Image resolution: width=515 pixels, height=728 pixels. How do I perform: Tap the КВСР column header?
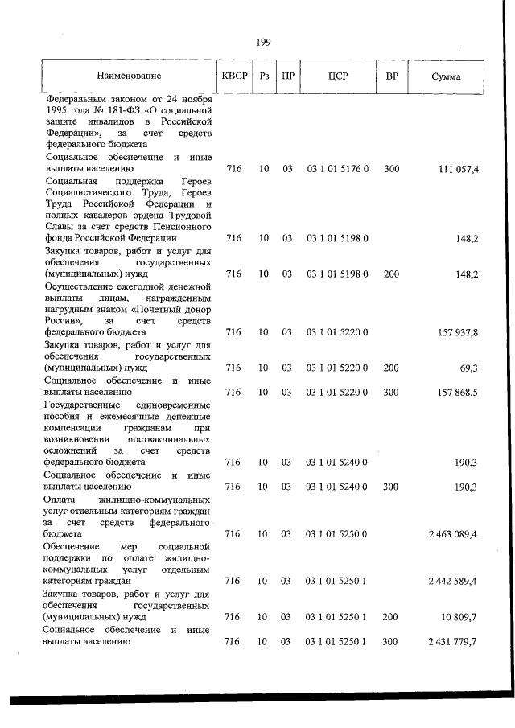233,76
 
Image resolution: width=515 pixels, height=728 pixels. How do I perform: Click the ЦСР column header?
337,76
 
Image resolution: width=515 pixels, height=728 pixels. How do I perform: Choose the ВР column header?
392,76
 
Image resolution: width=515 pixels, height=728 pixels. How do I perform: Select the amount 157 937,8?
459,331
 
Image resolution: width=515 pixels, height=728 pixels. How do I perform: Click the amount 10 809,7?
460,617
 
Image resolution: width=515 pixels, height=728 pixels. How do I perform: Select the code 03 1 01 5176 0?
337,169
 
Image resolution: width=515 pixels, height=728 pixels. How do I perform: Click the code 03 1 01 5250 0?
337,533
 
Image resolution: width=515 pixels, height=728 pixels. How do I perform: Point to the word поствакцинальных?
169,438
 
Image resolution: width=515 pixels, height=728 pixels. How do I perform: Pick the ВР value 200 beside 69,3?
392,368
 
